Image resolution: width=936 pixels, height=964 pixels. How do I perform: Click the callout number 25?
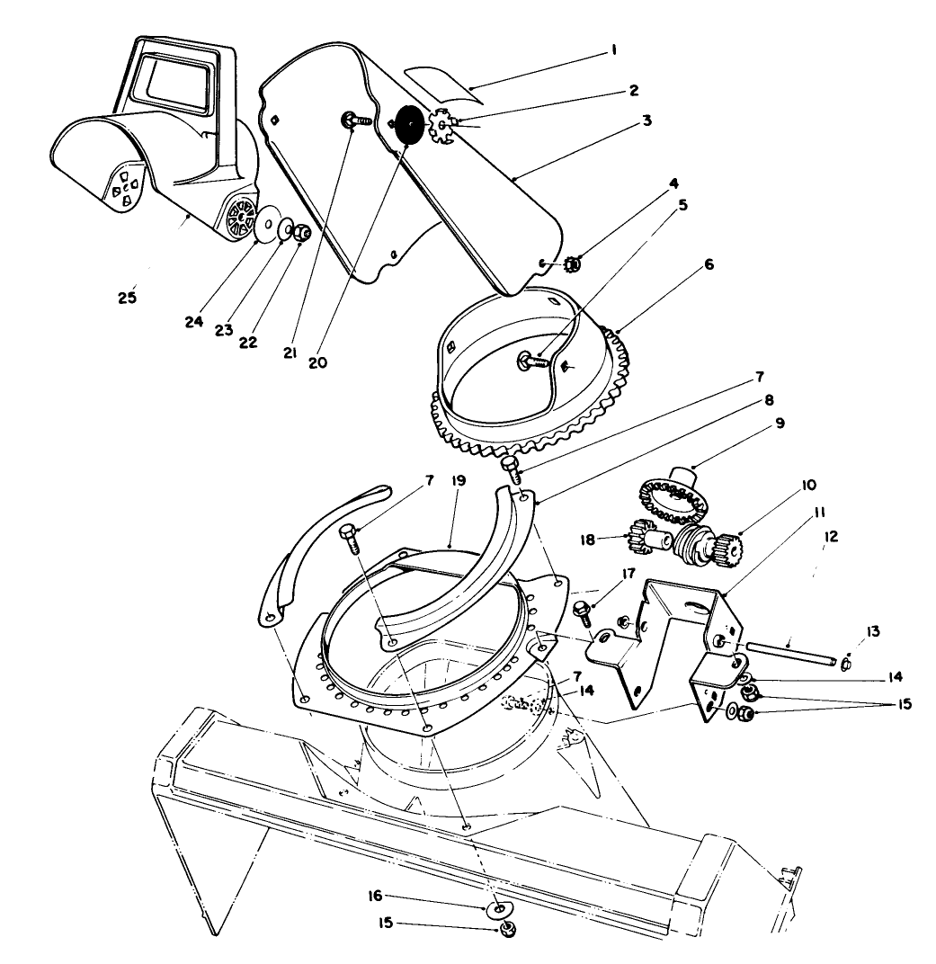click(128, 296)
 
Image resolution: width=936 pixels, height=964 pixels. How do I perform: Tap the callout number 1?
click(613, 51)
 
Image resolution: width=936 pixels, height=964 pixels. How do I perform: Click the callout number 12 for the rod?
click(830, 537)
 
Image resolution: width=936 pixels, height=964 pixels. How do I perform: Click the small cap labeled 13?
click(846, 665)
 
